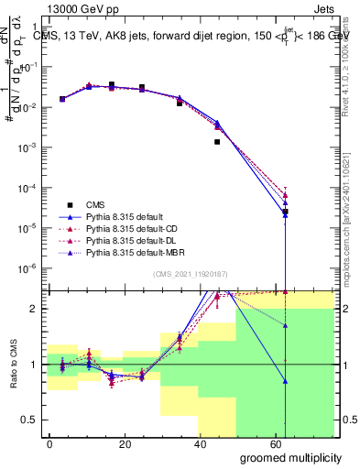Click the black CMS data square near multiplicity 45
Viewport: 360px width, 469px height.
click(x=217, y=142)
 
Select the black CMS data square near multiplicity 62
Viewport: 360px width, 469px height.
click(x=286, y=212)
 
